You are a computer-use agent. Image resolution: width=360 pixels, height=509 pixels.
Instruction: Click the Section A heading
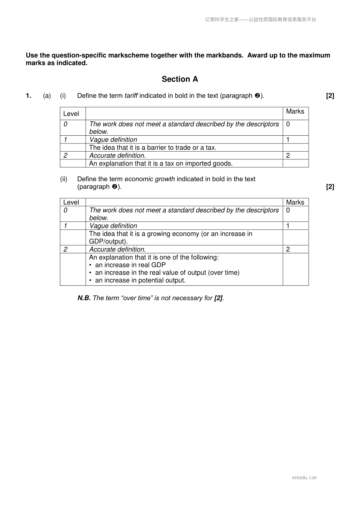tap(180, 79)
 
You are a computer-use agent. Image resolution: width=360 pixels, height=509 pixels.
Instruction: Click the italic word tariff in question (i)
tap(131, 96)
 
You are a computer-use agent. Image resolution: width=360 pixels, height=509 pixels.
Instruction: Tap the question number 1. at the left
tap(28, 96)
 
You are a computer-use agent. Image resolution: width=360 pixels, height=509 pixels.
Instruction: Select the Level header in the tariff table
tap(71, 114)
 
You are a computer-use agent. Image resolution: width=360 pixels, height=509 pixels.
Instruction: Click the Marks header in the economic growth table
tap(295, 202)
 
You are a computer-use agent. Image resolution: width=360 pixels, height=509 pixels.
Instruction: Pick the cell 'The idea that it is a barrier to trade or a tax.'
tap(153, 148)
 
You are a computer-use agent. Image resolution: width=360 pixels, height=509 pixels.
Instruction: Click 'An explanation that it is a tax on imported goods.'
tap(161, 164)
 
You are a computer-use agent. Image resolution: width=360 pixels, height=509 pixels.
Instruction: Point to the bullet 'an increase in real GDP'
tap(130, 265)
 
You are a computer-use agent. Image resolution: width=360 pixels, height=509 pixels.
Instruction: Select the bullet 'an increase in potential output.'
tap(140, 280)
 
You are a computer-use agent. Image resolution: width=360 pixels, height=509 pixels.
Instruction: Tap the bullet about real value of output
tap(167, 273)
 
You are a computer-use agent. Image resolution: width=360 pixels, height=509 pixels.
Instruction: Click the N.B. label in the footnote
tap(84, 298)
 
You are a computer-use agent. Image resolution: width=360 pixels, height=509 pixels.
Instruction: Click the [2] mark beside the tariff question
tap(330, 96)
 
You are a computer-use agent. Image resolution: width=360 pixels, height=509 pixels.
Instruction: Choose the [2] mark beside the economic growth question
tap(330, 187)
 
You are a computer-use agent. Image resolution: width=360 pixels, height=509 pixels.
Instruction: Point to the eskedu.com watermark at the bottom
tap(304, 478)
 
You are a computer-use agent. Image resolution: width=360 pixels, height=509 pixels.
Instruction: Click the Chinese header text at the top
tap(261, 20)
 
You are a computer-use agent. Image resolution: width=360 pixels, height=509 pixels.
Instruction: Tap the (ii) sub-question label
tap(63, 179)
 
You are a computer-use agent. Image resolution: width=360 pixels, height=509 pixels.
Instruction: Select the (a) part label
tap(47, 96)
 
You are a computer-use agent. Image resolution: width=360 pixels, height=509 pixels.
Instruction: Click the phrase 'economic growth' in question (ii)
tap(150, 179)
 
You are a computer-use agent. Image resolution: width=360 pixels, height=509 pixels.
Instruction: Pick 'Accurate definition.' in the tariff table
tap(117, 156)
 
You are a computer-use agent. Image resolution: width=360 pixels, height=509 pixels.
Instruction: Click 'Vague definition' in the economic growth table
tap(113, 226)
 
